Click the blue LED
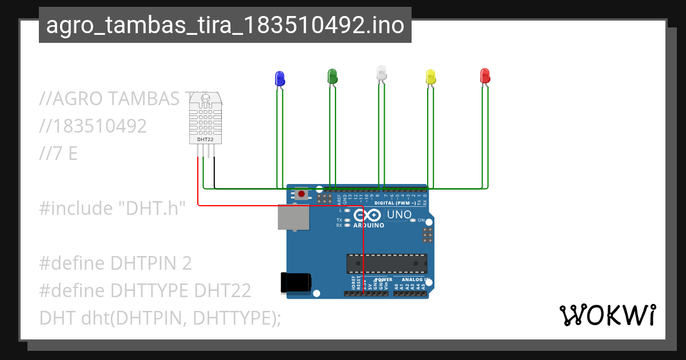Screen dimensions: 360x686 coord(280,79)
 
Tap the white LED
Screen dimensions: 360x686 coord(381,73)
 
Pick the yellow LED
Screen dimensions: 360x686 coord(431,77)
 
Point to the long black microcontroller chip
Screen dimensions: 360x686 coord(386,263)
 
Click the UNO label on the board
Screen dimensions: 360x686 coord(399,215)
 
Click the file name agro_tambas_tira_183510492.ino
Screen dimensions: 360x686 coord(225,25)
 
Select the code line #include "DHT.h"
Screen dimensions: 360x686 coord(113,209)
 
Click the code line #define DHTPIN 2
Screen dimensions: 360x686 coord(115,263)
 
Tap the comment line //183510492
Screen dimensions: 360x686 coord(93,126)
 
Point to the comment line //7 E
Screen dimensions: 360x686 coord(58,154)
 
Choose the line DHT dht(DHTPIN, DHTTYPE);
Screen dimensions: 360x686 coord(160,318)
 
